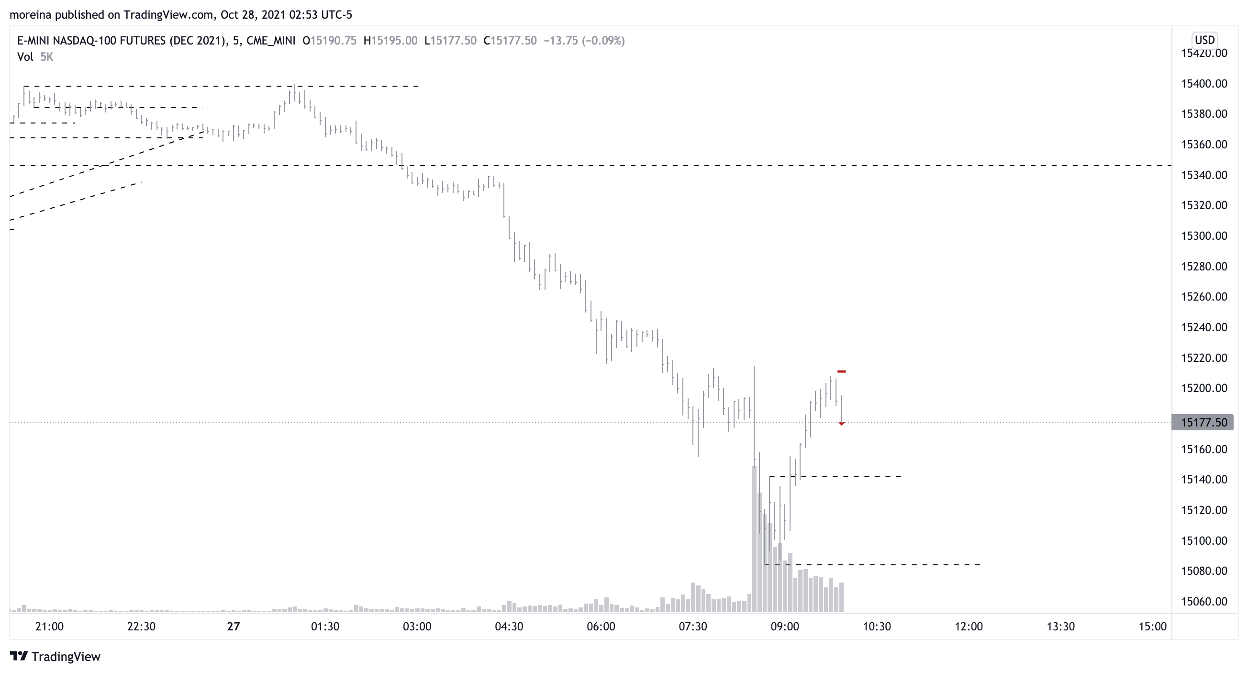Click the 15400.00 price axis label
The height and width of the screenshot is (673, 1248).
[x=1203, y=84]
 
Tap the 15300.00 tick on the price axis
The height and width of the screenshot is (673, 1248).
[x=1203, y=236]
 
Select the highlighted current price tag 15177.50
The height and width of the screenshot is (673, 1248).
[x=1203, y=423]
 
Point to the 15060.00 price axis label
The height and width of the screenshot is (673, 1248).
[x=1203, y=601]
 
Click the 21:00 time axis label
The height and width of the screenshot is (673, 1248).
[x=49, y=627]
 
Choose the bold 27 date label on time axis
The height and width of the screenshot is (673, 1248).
[x=234, y=627]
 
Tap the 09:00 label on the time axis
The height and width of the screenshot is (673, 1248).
[x=784, y=627]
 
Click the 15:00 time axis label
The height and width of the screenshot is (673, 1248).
[x=1152, y=627]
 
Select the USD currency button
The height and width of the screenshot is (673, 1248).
[x=1204, y=40]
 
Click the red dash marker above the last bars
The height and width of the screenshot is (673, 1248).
[x=842, y=371]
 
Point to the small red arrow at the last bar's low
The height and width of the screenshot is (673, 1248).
[x=842, y=424]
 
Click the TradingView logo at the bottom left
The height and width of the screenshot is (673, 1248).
[x=55, y=657]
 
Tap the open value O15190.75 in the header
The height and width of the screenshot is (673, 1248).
[x=329, y=41]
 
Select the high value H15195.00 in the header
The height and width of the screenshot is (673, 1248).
[x=390, y=41]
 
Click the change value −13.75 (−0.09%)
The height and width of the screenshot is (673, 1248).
[x=584, y=41]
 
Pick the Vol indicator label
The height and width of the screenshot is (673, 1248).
[x=25, y=57]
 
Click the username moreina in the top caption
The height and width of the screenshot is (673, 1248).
[x=31, y=15]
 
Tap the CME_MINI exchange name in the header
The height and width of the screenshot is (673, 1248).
[x=271, y=41]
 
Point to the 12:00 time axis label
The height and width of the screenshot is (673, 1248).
[x=969, y=627]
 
